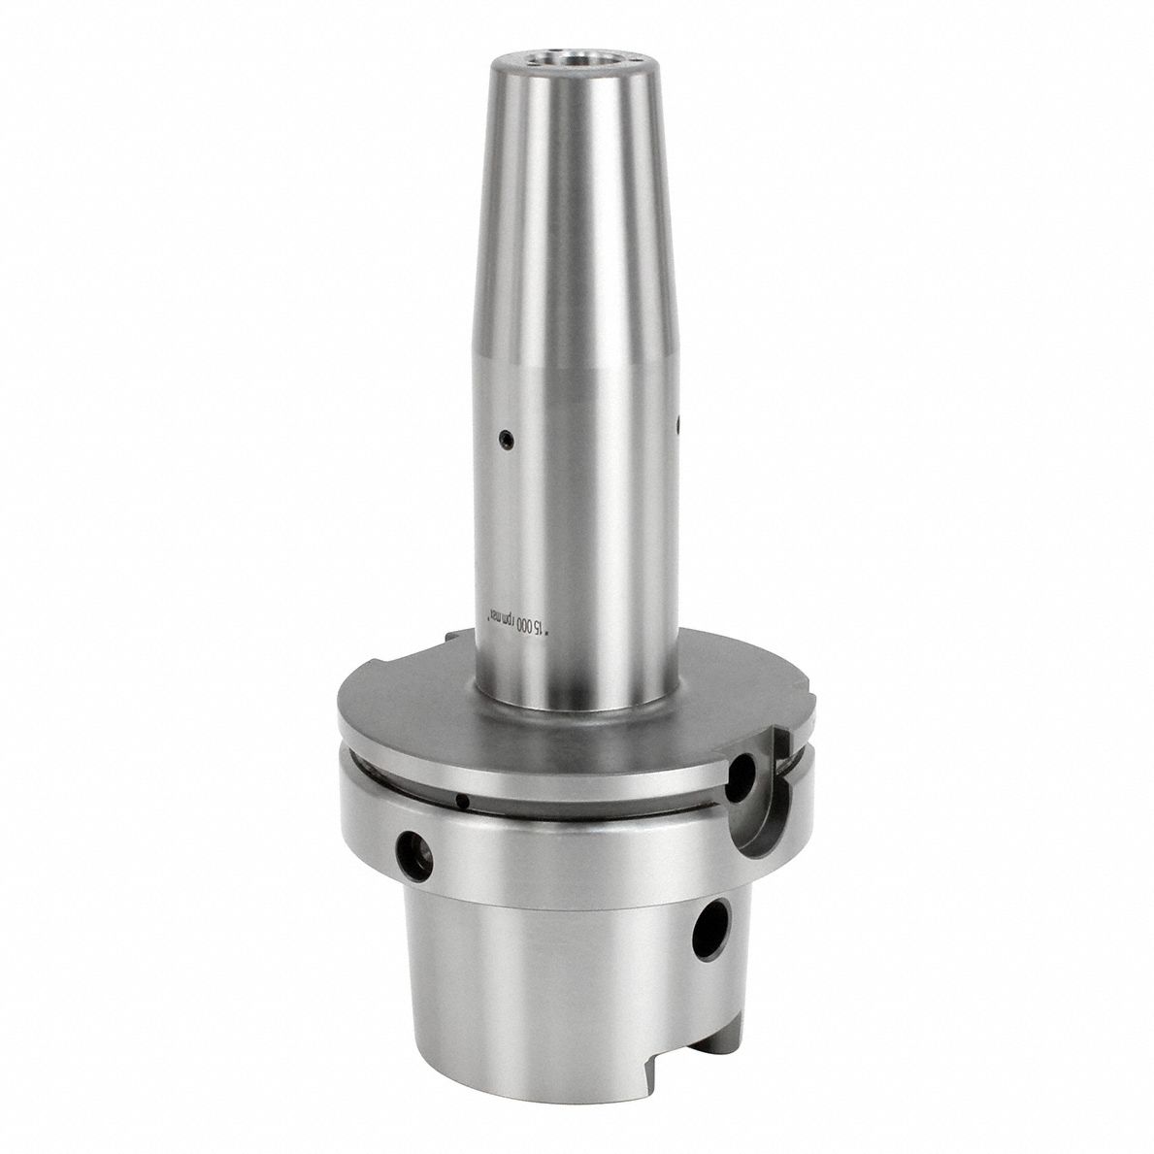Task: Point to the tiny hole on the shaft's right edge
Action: pyautogui.click(x=678, y=423)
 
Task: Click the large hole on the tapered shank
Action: pyautogui.click(x=712, y=930)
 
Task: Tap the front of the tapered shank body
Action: pyautogui.click(x=544, y=980)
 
